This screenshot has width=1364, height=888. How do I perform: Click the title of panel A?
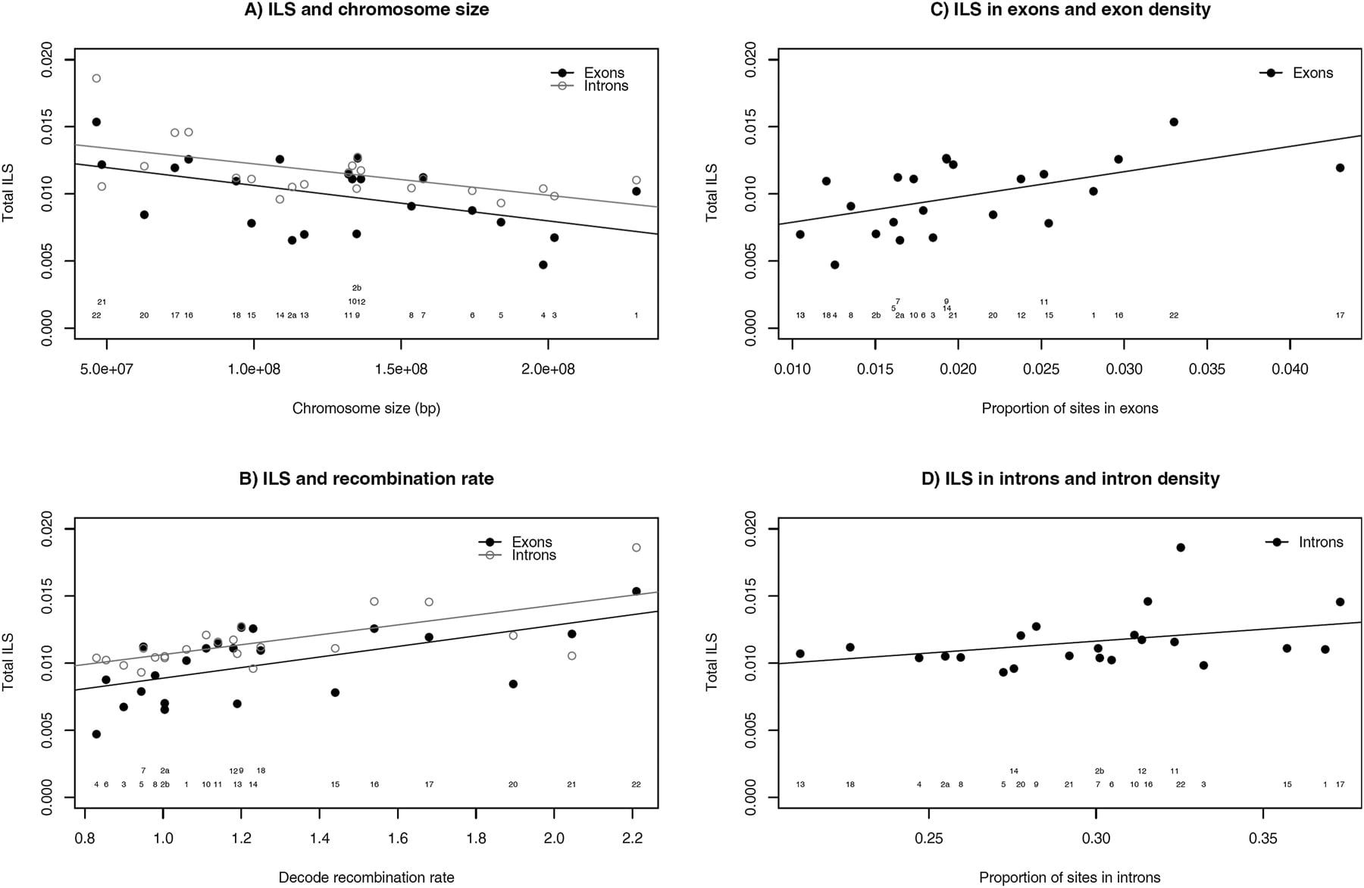366,10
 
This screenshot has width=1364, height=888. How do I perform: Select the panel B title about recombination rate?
366,479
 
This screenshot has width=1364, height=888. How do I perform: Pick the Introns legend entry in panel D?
1304,542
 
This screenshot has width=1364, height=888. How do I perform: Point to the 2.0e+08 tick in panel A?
547,369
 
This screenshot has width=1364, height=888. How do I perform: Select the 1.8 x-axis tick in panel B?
476,838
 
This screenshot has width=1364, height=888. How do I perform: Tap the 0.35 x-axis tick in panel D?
1263,838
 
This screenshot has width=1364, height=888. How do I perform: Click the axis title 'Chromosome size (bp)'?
366,408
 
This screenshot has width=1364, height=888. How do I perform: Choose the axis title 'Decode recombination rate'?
367,877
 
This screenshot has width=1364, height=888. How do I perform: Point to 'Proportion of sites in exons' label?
1070,408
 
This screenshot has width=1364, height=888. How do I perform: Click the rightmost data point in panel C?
1340,168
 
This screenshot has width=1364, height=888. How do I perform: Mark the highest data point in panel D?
1181,548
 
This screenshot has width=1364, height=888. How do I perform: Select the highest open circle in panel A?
96,78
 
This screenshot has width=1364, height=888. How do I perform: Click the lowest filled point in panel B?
96,734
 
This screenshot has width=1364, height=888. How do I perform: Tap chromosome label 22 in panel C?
1174,315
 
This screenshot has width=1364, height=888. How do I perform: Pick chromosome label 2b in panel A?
357,288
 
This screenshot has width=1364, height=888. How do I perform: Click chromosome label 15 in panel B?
335,784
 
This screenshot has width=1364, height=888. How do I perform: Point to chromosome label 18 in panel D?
850,784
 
